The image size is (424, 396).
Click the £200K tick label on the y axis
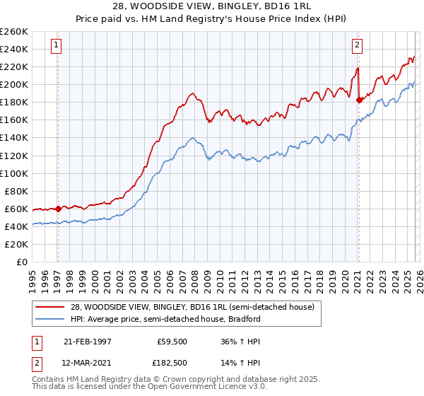pyautogui.click(x=14, y=84)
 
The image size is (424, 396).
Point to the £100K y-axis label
pyautogui.click(x=14, y=173)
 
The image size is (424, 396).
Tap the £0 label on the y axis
pyautogui.click(x=23, y=262)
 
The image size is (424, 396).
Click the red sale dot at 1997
pyautogui.click(x=58, y=209)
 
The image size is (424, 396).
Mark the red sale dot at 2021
pyautogui.click(x=359, y=100)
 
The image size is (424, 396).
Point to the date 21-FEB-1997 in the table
pyautogui.click(x=87, y=341)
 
